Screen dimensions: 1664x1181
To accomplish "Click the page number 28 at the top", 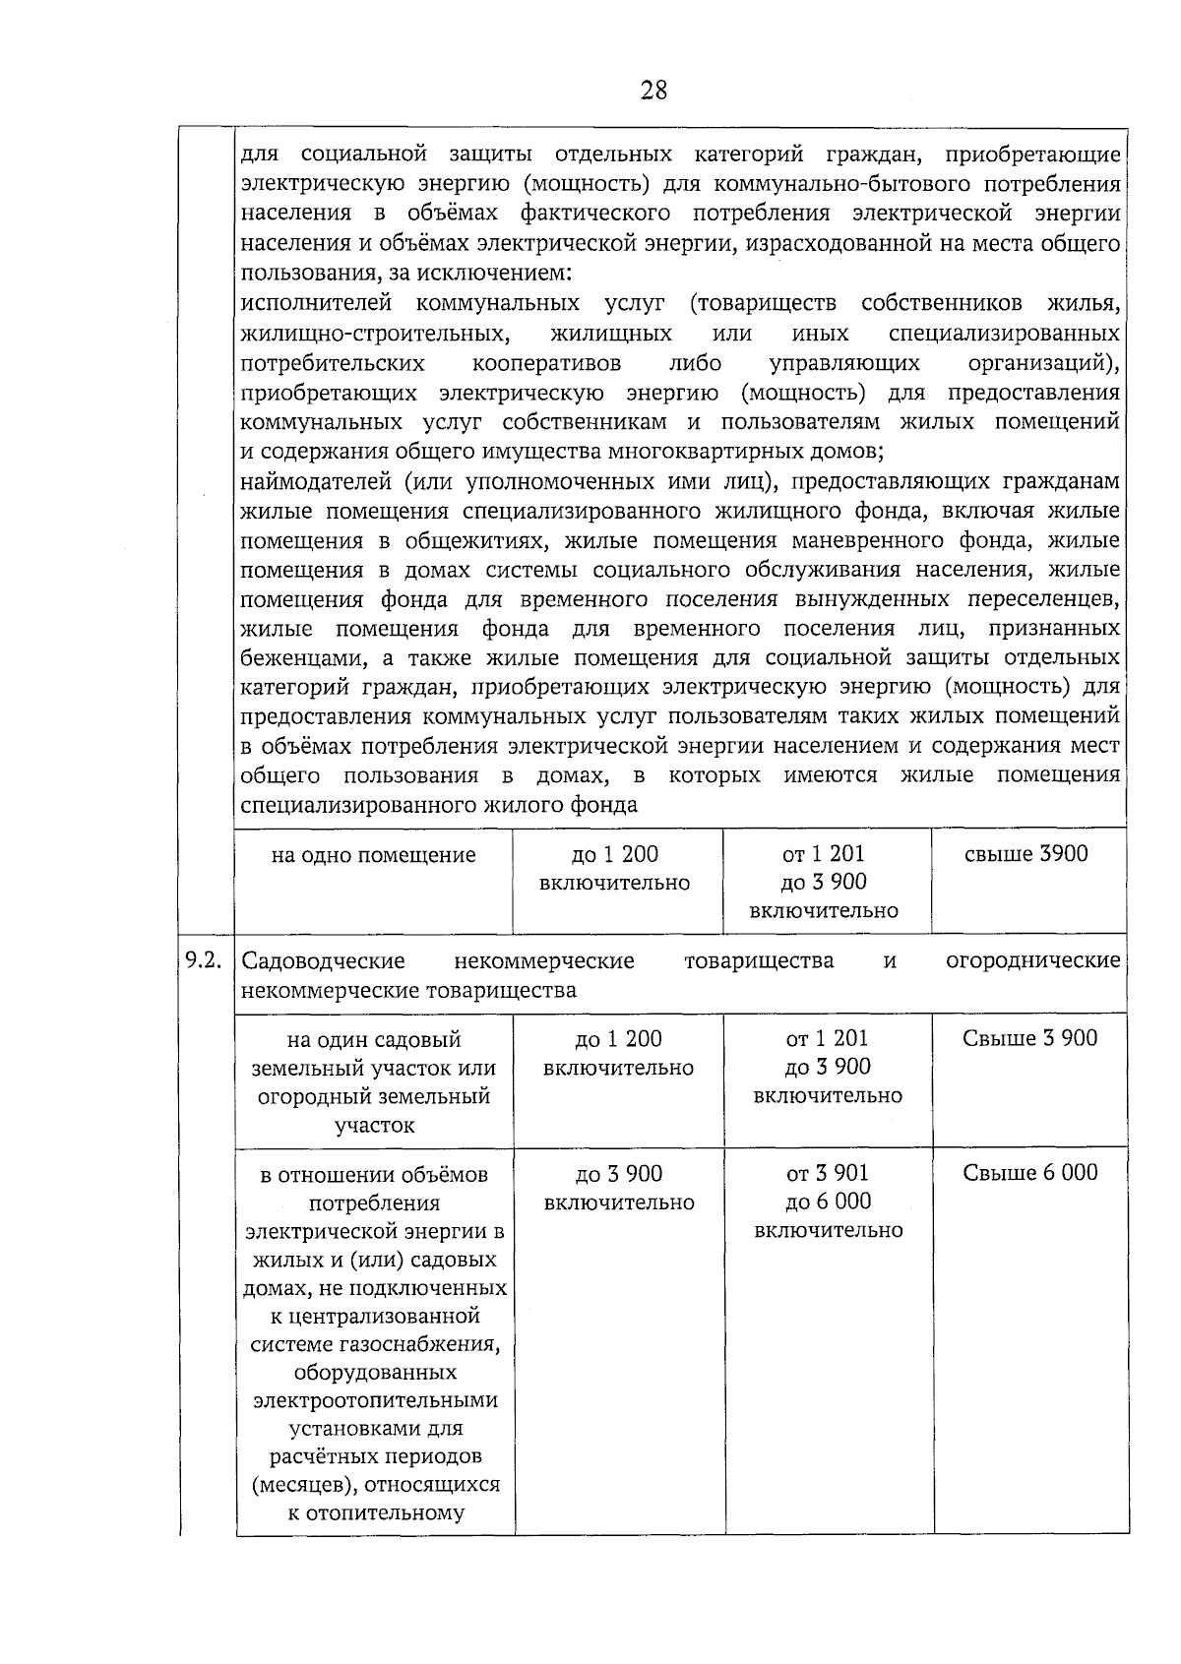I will point(653,92).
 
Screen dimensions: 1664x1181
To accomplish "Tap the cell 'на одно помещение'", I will point(373,855).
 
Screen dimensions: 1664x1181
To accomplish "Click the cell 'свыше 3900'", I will point(1026,854).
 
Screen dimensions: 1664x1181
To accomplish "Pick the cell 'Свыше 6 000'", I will point(1029,1172).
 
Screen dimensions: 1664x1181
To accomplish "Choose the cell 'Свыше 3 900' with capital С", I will point(1029,1038).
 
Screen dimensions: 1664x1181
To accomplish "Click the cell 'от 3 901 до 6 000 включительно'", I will point(828,1202).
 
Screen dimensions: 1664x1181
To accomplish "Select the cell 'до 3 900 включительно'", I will point(618,1188).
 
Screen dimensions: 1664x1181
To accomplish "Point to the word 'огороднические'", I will point(1032,960).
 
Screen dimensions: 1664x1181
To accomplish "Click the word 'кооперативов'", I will point(546,363).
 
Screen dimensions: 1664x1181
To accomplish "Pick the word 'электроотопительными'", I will point(375,1399).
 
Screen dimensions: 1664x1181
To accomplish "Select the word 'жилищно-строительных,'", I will point(375,333).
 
